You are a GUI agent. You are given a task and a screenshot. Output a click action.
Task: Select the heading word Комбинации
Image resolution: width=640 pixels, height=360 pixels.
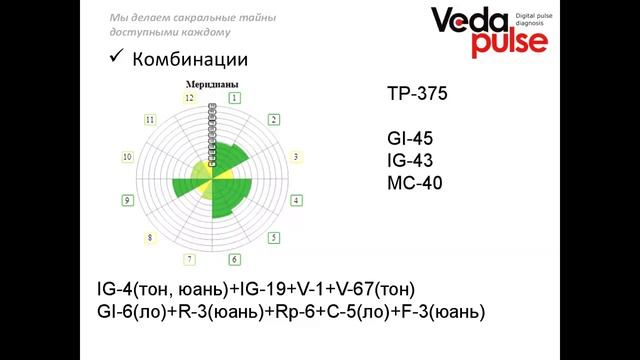click(x=191, y=59)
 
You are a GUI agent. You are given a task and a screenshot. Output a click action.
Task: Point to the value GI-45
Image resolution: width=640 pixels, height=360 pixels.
click(x=411, y=139)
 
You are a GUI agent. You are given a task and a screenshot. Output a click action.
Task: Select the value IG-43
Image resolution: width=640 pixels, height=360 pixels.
click(x=411, y=161)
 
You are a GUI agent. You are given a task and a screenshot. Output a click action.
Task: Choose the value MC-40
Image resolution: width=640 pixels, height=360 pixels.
click(x=414, y=183)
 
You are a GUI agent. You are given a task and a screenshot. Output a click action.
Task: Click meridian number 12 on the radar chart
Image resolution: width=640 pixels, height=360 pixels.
click(x=188, y=98)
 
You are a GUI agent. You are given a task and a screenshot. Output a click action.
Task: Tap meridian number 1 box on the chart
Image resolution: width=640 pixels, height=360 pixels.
click(x=234, y=98)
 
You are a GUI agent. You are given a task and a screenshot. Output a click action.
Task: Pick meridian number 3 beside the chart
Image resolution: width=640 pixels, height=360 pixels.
click(x=294, y=157)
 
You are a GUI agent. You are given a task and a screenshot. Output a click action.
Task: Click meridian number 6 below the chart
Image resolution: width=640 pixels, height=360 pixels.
click(x=234, y=260)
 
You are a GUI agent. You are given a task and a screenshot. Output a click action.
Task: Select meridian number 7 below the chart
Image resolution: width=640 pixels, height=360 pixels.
click(x=188, y=260)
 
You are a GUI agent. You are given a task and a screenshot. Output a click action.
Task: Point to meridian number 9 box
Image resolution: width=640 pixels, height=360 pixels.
click(x=127, y=201)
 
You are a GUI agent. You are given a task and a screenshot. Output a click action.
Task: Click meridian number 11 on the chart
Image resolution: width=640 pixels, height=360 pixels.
click(x=150, y=119)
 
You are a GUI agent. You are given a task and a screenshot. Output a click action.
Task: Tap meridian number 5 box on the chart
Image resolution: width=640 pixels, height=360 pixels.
click(x=272, y=238)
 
